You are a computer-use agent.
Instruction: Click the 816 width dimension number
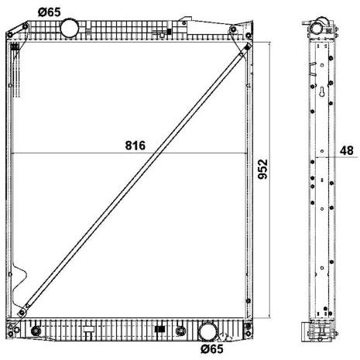(x=135, y=146)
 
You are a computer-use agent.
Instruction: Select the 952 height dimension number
(x=263, y=170)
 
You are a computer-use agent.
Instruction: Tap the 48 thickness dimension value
(x=346, y=150)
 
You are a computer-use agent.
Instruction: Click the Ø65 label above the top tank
(x=49, y=12)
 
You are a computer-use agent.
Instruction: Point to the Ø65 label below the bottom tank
(x=212, y=349)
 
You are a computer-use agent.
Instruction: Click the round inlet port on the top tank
(x=70, y=28)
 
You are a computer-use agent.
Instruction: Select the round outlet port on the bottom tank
(x=207, y=331)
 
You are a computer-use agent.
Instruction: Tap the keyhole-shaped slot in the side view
(x=322, y=92)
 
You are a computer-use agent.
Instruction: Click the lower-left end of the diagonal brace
(x=22, y=313)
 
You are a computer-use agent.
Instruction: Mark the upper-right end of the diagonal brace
(x=247, y=47)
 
